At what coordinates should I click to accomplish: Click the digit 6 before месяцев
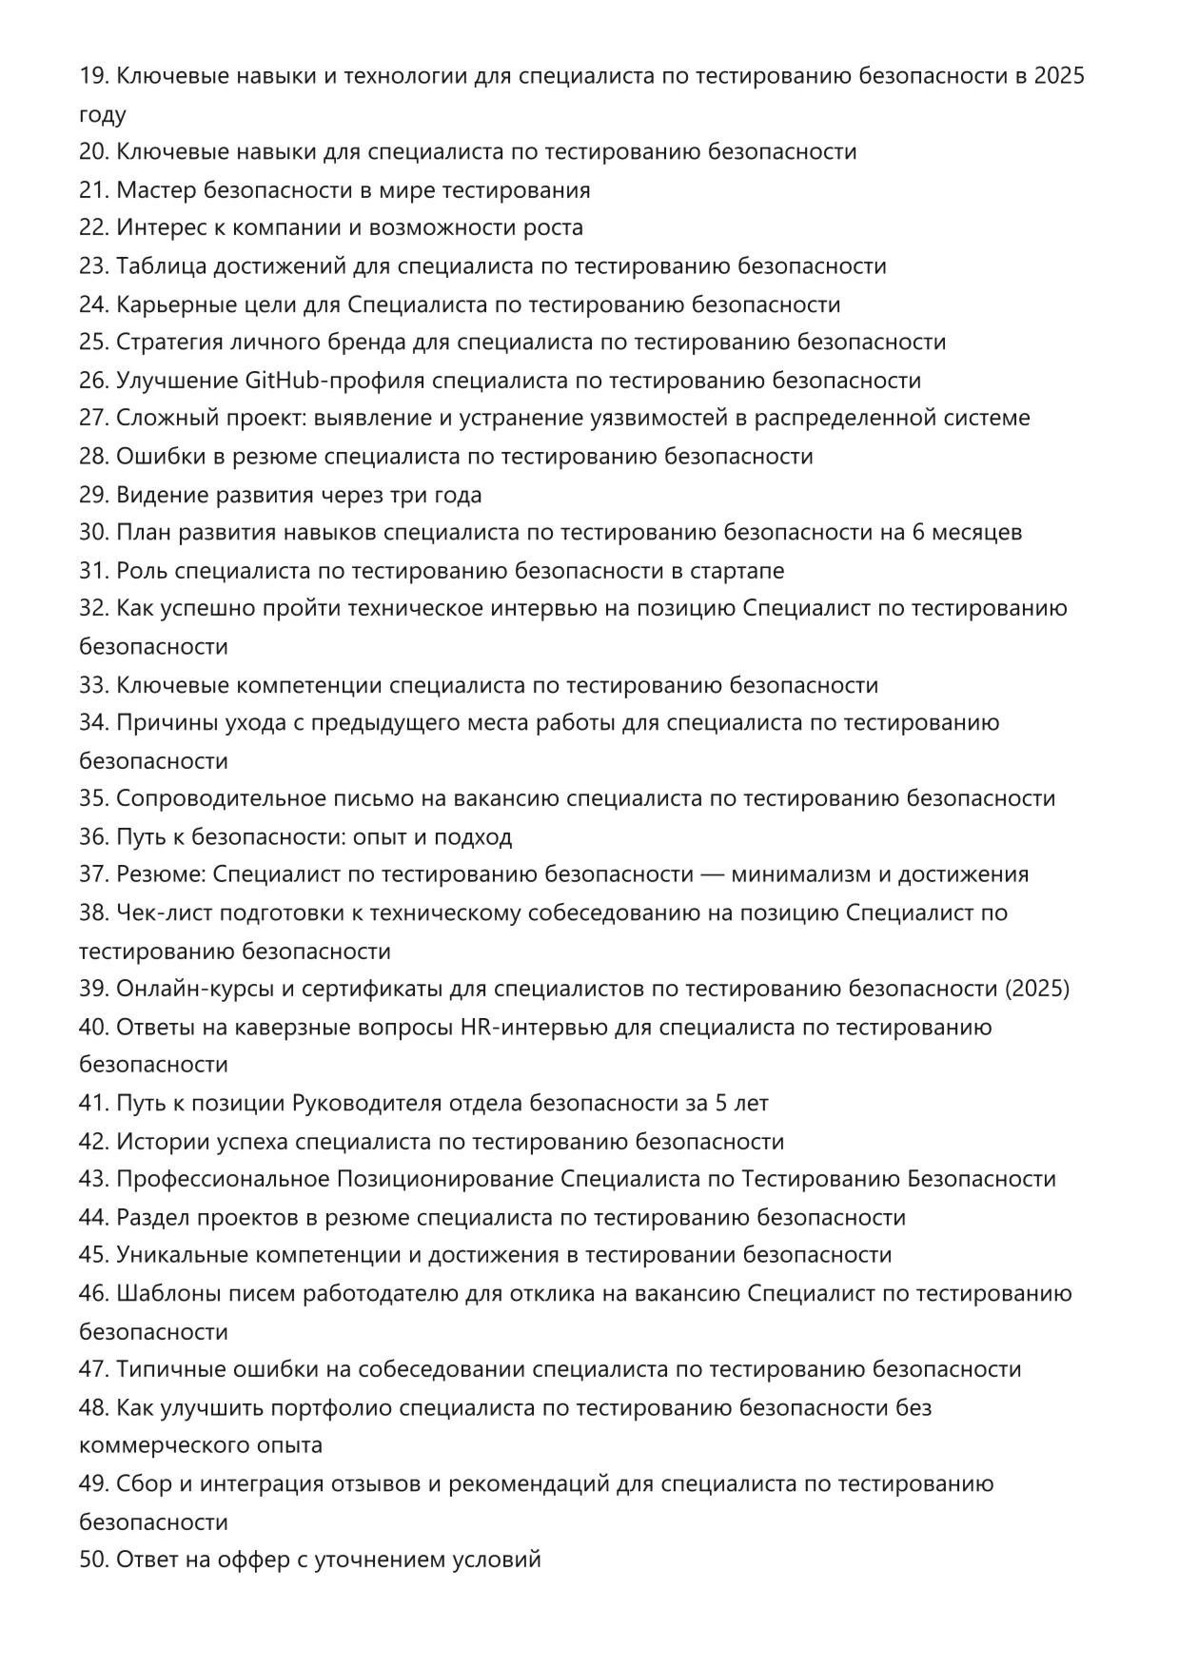(918, 533)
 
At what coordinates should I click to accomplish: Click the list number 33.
(93, 685)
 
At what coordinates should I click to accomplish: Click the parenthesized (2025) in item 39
(1037, 990)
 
